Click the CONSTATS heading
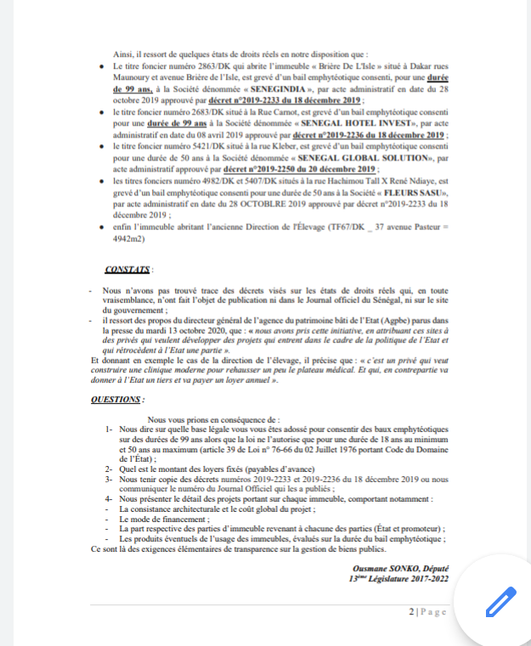[127, 270]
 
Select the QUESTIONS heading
[117, 398]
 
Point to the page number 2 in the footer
[411, 612]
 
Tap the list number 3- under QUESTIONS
[109, 479]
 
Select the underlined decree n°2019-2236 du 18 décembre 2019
[368, 136]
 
